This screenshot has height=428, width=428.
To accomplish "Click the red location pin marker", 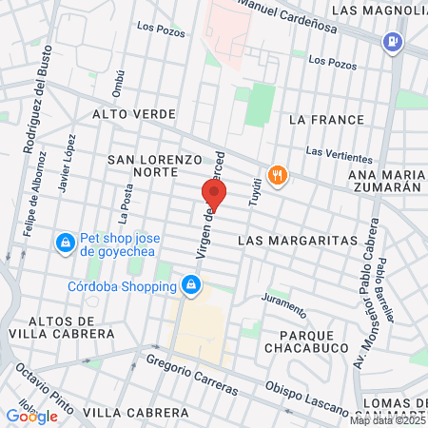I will (213, 196).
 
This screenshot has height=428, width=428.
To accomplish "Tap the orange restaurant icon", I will (278, 175).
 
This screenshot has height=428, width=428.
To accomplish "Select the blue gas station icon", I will (392, 43).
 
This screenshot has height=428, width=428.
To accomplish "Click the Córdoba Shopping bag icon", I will (192, 284).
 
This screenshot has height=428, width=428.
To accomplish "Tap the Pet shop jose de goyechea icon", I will (65, 243).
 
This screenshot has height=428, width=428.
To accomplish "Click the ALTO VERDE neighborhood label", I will (134, 114).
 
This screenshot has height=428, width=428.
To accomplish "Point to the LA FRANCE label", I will (326, 120).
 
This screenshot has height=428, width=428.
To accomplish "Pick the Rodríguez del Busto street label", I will (34, 115).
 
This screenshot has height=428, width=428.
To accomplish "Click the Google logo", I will (31, 416).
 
